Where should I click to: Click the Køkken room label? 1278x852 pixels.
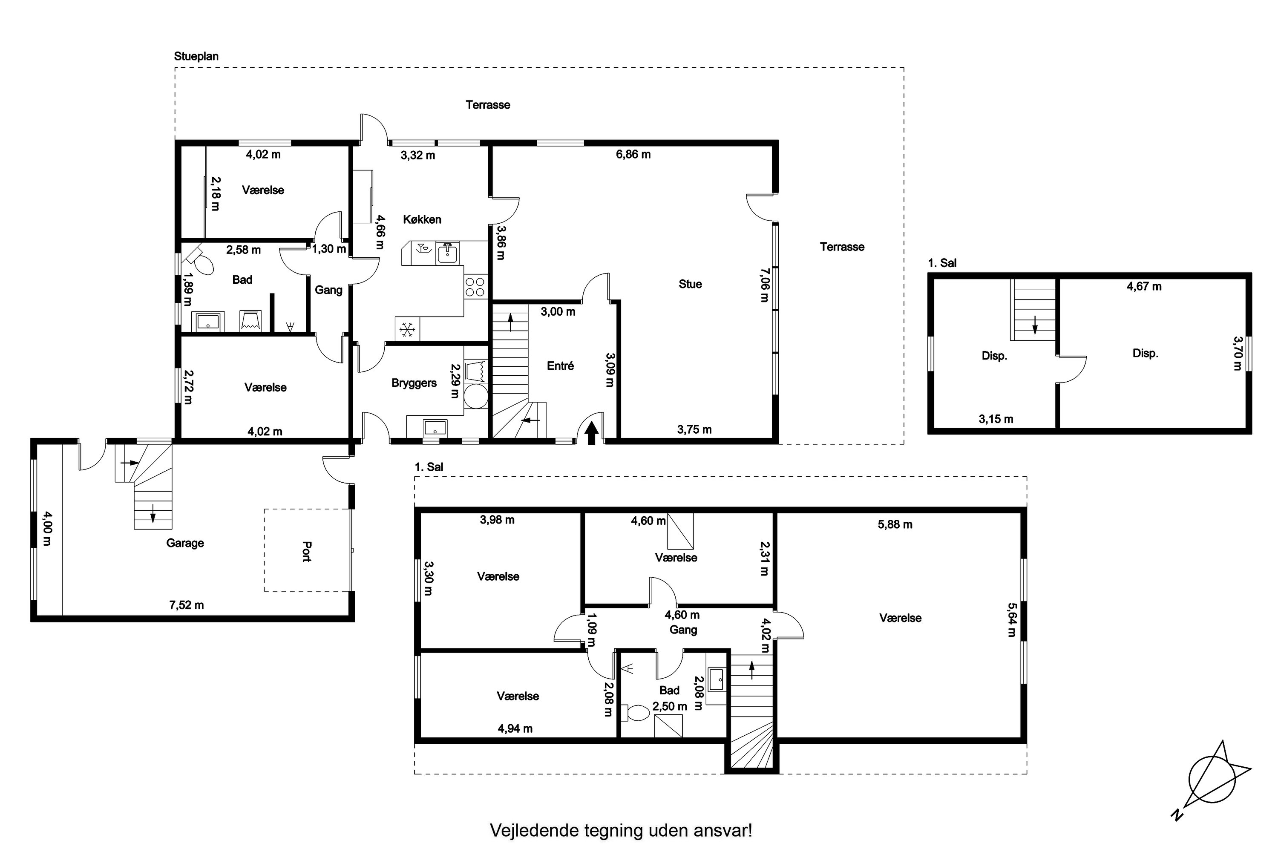pyautogui.click(x=422, y=219)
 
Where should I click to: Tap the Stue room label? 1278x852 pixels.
pyautogui.click(x=690, y=284)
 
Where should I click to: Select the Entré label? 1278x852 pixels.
pyautogui.click(x=560, y=366)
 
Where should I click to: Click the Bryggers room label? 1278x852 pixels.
pyautogui.click(x=414, y=383)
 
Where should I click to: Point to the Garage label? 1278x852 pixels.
pyautogui.click(x=185, y=543)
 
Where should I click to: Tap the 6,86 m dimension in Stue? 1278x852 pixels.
pyautogui.click(x=633, y=154)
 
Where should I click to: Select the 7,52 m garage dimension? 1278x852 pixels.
pyautogui.click(x=187, y=605)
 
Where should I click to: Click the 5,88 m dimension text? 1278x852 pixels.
pyautogui.click(x=895, y=524)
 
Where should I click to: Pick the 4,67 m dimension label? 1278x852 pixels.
pyautogui.click(x=1144, y=286)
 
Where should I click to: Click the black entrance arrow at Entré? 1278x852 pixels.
pyautogui.click(x=592, y=433)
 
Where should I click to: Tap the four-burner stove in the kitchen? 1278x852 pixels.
pyautogui.click(x=475, y=286)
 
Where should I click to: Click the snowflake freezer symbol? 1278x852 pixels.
pyautogui.click(x=407, y=329)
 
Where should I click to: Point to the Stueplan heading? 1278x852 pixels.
pyautogui.click(x=196, y=56)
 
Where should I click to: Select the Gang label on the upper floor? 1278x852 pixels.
pyautogui.click(x=683, y=629)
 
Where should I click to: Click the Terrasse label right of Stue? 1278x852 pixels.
pyautogui.click(x=842, y=247)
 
